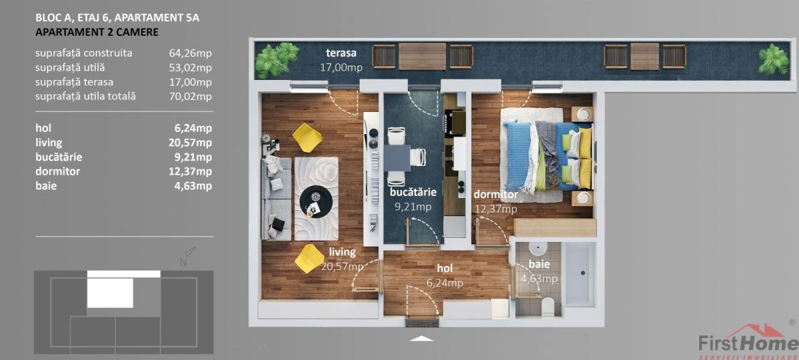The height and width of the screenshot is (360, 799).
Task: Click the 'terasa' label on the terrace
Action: [x=341, y=53]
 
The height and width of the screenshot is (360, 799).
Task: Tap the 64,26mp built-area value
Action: [x=190, y=53]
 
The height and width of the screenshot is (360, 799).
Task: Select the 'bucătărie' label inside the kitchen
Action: [x=413, y=192]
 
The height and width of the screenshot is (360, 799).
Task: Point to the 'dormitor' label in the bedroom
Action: [x=495, y=195]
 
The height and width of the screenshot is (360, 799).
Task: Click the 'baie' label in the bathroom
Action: [x=530, y=265]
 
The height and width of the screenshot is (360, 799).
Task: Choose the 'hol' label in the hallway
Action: [x=445, y=268]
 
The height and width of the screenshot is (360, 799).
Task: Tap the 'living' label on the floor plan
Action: [x=342, y=253]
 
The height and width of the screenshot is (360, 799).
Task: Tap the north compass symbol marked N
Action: [x=187, y=256]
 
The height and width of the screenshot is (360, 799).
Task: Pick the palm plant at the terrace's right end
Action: [x=774, y=60]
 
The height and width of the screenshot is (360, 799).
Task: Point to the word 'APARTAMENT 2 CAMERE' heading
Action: [x=97, y=31]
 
